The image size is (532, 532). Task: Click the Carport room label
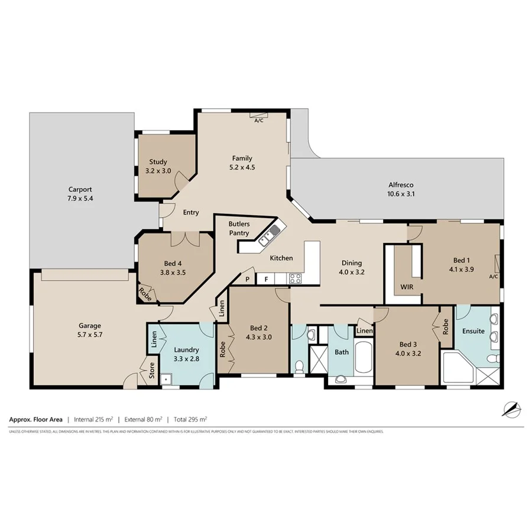[80, 189]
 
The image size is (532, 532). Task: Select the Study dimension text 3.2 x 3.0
[158, 171]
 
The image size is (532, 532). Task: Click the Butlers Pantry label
[240, 229]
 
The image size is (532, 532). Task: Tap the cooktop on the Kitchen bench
[295, 278]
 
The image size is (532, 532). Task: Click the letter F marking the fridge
[267, 278]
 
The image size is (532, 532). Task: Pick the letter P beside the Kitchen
[247, 278]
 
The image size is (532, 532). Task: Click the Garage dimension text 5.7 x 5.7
[90, 334]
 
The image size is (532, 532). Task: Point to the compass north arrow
[510, 408]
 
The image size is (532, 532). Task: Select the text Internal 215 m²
[93, 420]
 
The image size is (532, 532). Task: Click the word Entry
[190, 213]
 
